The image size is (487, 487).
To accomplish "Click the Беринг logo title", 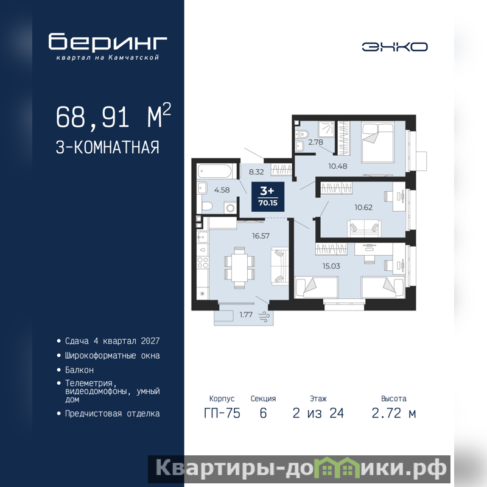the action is [108, 41].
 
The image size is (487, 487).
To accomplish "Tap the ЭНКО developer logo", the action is [394, 47].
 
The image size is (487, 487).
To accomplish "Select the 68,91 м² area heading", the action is [113, 116].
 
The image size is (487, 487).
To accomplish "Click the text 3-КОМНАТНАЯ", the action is [108, 147].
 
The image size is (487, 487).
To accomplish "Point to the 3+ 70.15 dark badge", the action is [268, 197].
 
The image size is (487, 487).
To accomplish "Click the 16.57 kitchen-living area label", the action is [261, 236].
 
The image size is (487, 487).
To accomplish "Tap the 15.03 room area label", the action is [331, 266].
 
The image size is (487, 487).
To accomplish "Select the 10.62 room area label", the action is [363, 208].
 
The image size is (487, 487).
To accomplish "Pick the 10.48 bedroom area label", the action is [338, 166].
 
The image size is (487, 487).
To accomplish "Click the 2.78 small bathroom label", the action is [315, 142].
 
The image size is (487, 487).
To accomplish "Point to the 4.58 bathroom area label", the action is [222, 190].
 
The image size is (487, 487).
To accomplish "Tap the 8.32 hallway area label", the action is [256, 172].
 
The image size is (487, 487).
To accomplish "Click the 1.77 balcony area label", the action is [246, 315].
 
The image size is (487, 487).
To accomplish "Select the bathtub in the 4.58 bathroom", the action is [215, 172].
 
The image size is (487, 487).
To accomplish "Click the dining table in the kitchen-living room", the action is [239, 267].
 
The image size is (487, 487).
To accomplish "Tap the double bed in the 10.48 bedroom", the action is [377, 142].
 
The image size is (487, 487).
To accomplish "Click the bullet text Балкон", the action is [79, 370].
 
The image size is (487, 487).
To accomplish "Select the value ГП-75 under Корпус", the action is [222, 413].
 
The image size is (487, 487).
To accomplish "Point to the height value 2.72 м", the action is [393, 413].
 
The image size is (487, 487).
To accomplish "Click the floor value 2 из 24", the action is [318, 413].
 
